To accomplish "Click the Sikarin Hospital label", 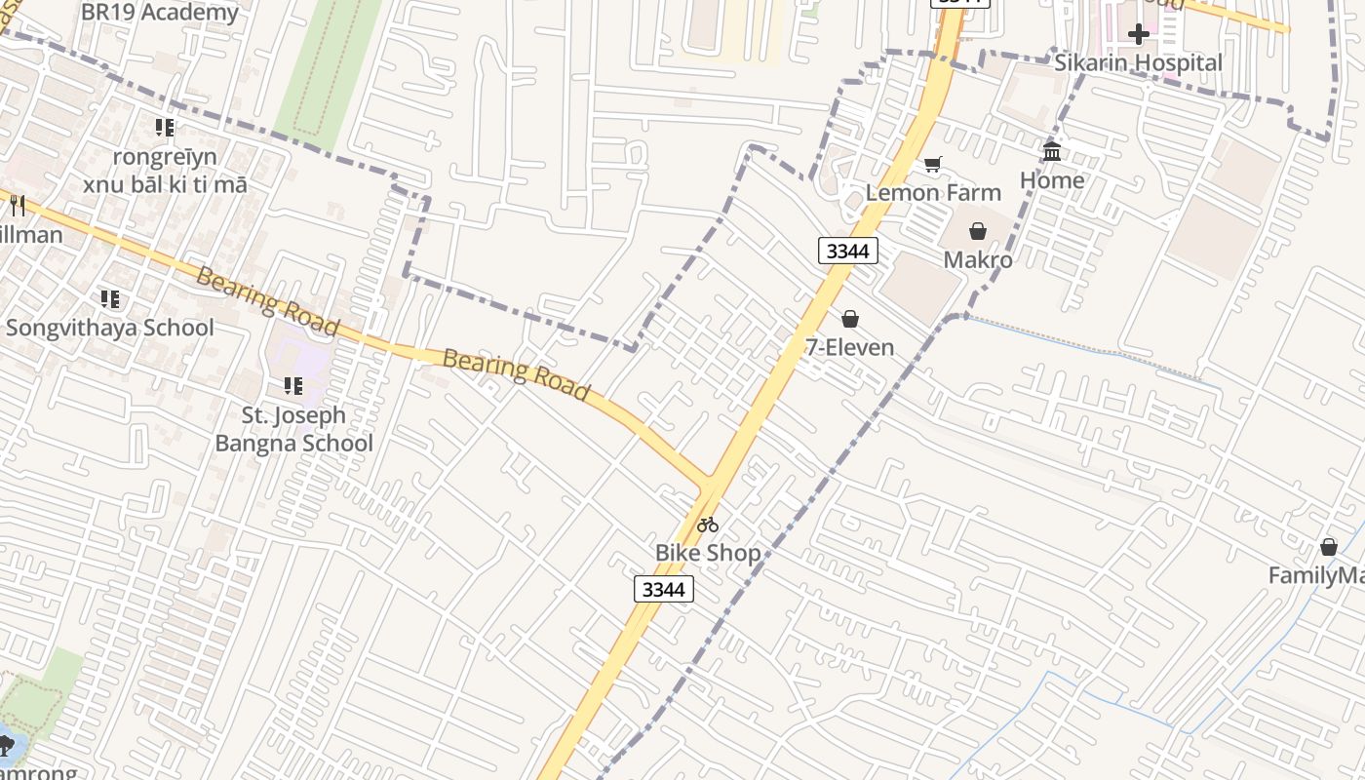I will [1138, 63].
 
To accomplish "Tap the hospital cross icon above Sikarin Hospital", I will [1138, 34].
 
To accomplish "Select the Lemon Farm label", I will [933, 192].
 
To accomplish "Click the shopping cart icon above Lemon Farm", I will [933, 164].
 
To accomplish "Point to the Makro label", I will [978, 259].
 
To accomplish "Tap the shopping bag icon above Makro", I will [978, 231].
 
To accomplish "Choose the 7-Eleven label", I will [849, 347].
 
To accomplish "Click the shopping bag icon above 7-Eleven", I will [850, 319].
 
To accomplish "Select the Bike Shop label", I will [707, 553].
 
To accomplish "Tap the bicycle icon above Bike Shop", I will [708, 525].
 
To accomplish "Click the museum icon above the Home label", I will [1052, 151].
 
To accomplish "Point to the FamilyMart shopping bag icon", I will [1328, 547].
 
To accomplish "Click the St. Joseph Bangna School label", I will [293, 429].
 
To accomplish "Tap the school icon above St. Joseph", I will [292, 386].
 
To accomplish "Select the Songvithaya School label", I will [110, 328].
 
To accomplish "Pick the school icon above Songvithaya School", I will [110, 299].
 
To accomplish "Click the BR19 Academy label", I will [159, 13].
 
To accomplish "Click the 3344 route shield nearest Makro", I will [848, 251].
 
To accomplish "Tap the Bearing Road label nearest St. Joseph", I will [267, 301].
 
